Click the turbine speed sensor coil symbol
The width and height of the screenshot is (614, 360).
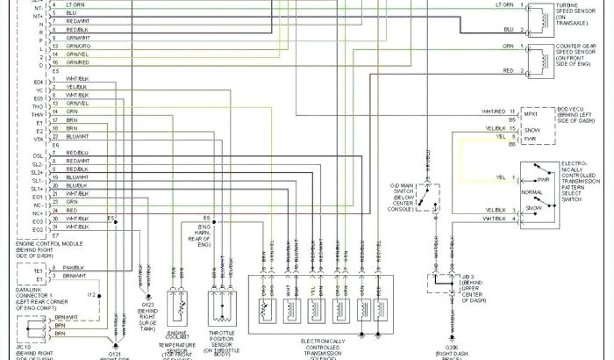point(544,17)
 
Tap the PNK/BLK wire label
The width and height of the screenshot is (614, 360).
point(74,267)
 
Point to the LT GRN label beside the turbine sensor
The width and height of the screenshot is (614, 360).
point(504,5)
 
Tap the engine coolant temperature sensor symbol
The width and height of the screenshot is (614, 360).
point(177,310)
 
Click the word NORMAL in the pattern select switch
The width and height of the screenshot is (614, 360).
point(533,193)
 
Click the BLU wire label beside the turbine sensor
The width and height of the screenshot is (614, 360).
point(508,29)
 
